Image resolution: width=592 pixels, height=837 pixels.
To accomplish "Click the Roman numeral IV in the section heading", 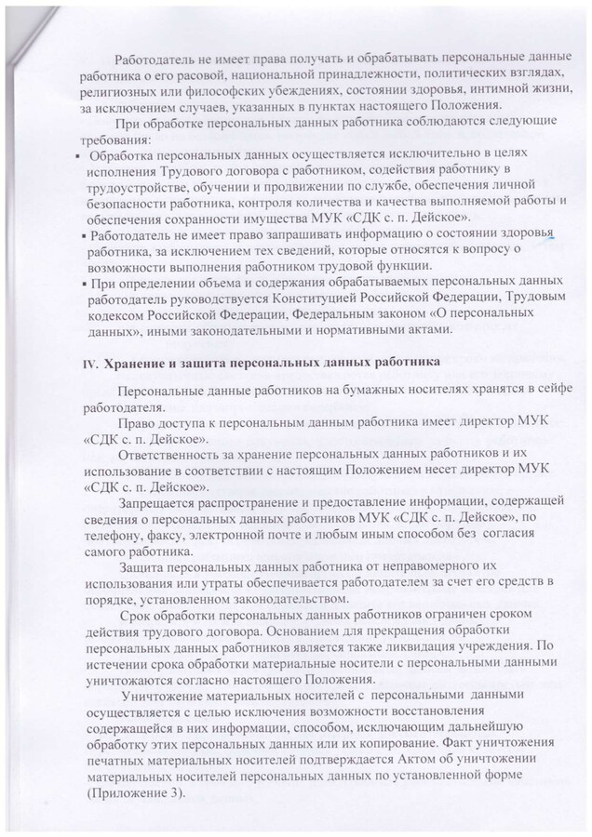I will (x=90, y=362).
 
